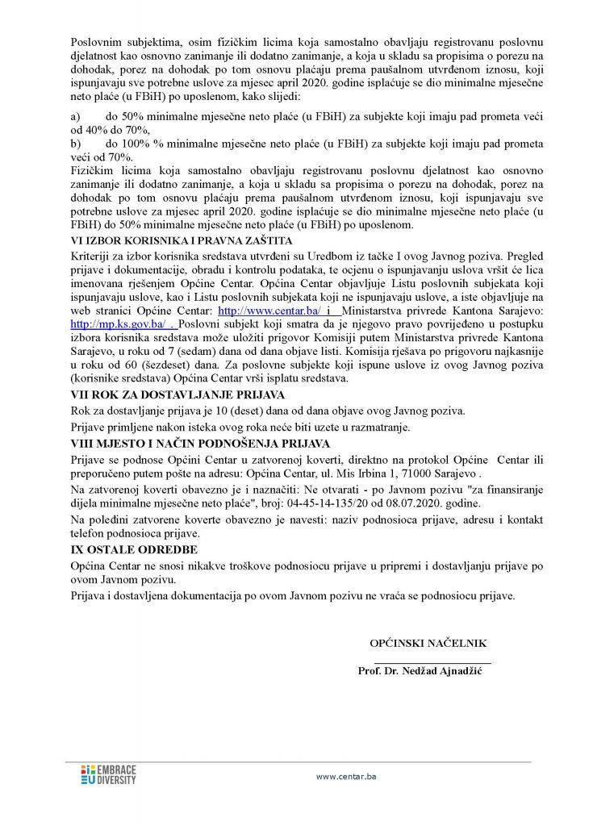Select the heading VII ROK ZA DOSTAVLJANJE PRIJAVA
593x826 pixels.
tap(178, 394)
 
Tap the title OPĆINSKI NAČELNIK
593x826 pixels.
tap(428, 643)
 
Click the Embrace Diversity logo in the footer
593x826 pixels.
tap(109, 774)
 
